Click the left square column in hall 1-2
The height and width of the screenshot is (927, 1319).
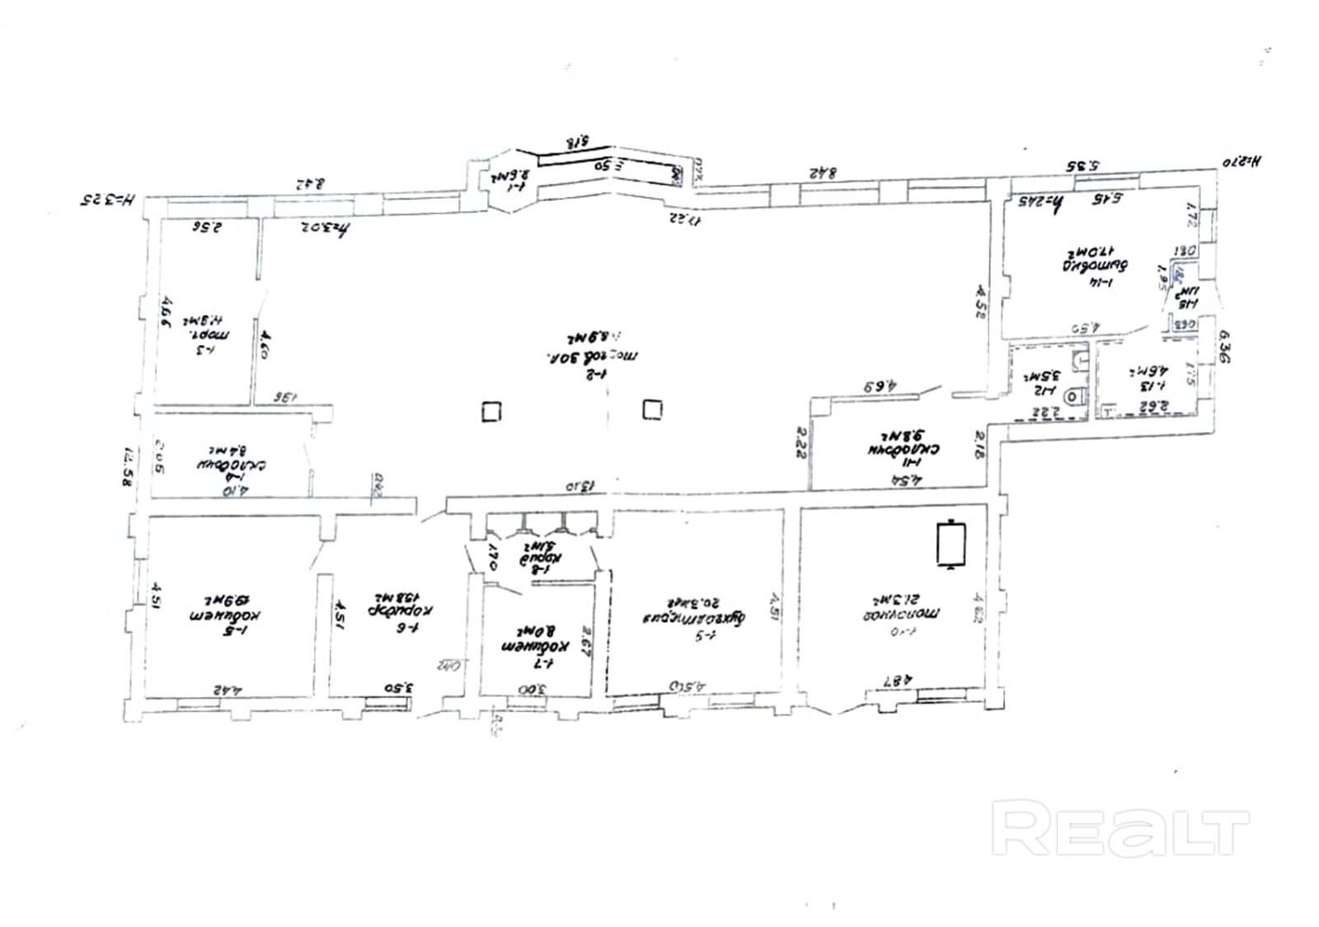(491, 410)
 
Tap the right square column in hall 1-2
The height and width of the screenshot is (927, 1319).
(652, 409)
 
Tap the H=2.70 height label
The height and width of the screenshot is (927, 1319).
(1243, 162)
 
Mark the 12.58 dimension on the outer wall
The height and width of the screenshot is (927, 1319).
(128, 468)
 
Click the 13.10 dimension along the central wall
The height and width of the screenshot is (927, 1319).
(580, 486)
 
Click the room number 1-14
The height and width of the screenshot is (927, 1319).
(1103, 283)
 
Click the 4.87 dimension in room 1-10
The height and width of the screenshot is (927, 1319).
(896, 681)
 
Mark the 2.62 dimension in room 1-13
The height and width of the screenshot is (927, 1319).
(1150, 405)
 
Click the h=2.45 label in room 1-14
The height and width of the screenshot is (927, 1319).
(1043, 201)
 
